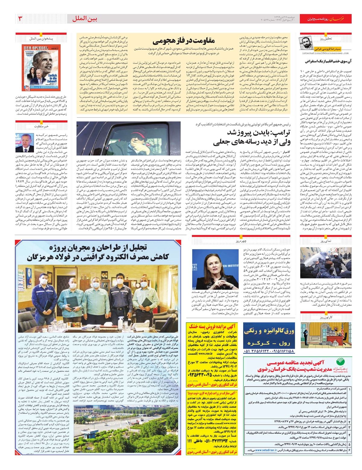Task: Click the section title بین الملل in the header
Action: click(85, 19)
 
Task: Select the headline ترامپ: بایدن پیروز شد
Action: click(258, 133)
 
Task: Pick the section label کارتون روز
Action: click(326, 317)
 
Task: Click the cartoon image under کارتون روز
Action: click(326, 335)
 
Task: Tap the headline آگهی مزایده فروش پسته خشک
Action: click(212, 326)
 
